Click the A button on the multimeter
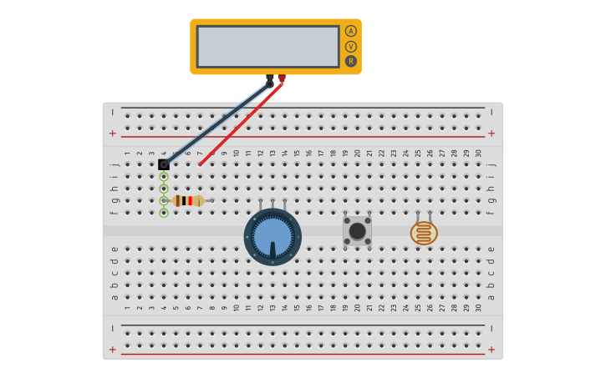(351, 31)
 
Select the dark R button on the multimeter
(351, 61)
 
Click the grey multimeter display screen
(267, 46)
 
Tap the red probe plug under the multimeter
(282, 78)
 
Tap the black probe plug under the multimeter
(269, 78)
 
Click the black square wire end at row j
(164, 164)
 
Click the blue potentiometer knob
(272, 237)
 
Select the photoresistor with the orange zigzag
(424, 232)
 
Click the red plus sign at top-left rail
(112, 134)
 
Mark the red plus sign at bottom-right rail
(491, 349)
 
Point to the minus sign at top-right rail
(491, 111)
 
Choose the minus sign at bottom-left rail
(112, 329)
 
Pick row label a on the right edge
(491, 297)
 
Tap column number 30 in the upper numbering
(478, 153)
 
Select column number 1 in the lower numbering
(127, 308)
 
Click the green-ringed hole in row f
(164, 213)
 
